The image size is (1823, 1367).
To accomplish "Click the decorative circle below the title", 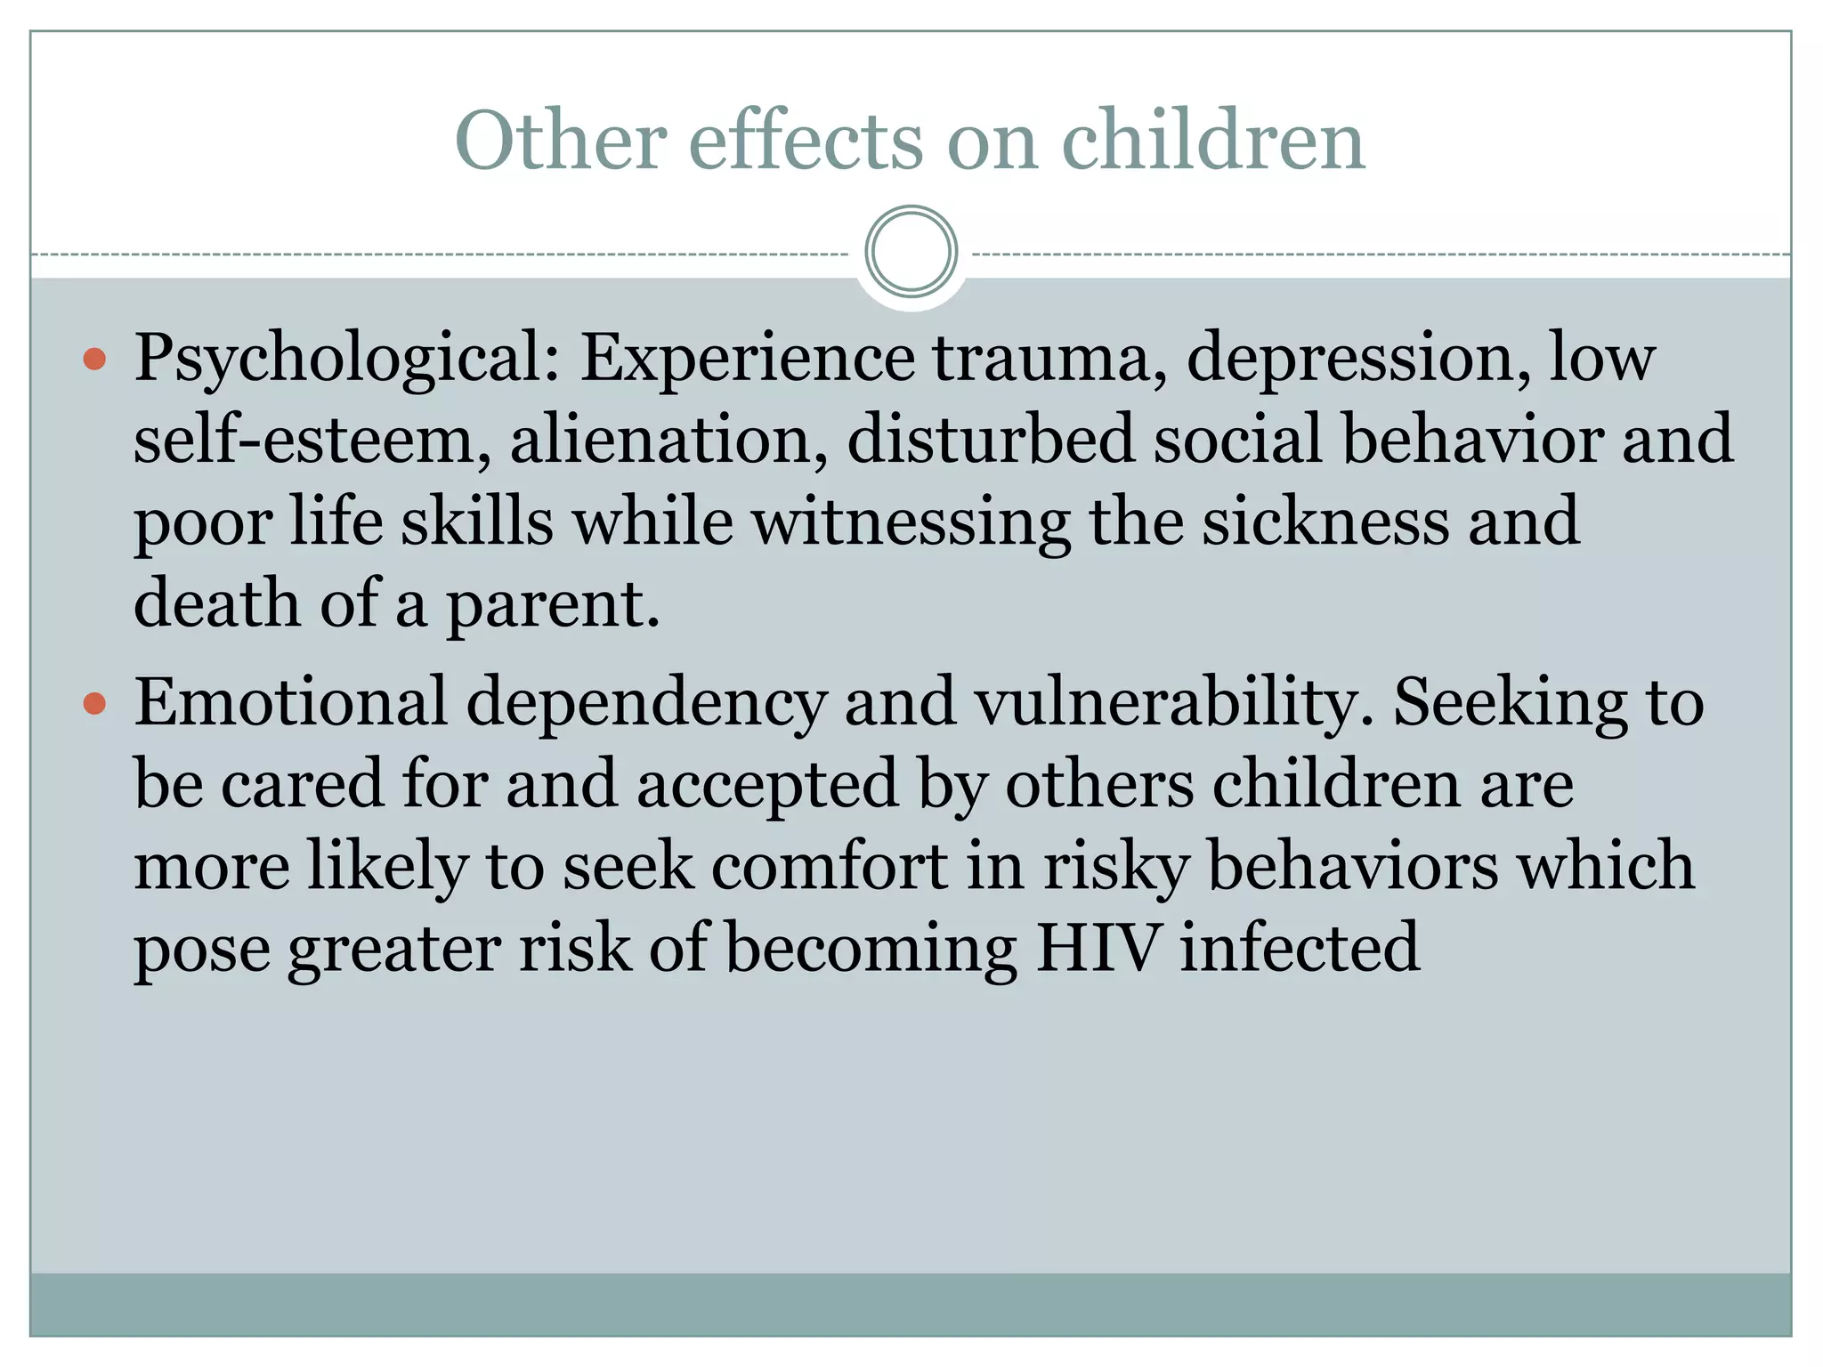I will [x=911, y=252].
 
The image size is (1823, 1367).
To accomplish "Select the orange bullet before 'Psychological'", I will [x=94, y=360].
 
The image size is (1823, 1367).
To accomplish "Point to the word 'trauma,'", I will [x=1050, y=358].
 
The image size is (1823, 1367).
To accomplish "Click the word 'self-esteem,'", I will [x=312, y=440].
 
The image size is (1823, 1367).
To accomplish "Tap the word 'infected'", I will [x=1300, y=949].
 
